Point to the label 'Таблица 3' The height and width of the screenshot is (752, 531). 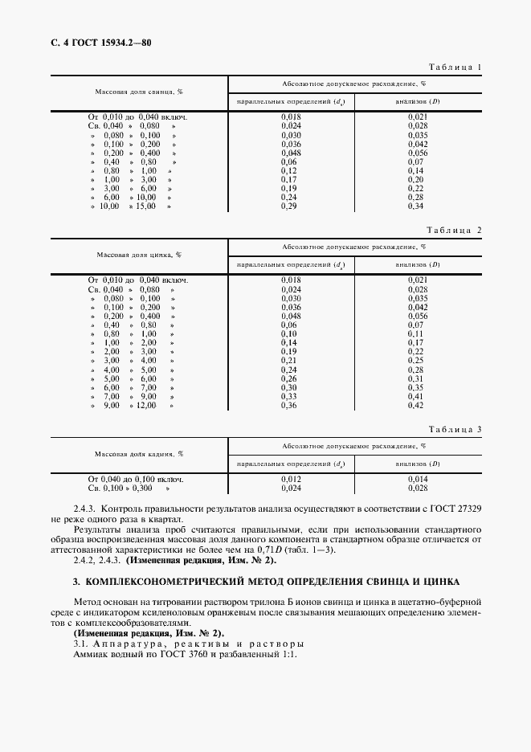[455, 429]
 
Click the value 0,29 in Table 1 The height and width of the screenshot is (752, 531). [289, 206]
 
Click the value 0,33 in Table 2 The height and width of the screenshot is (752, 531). [289, 396]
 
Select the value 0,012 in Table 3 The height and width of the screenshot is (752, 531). [290, 479]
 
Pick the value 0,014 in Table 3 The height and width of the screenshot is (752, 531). [416, 479]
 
